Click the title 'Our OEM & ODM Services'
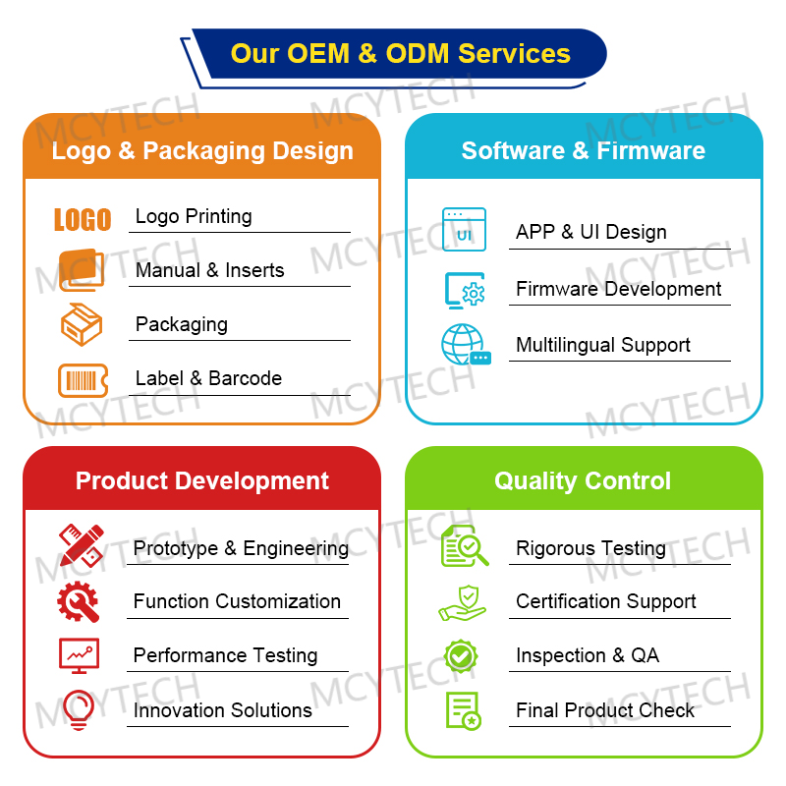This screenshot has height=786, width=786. [x=400, y=53]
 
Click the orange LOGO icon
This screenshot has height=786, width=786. [x=83, y=219]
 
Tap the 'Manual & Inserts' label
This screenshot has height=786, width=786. [x=209, y=270]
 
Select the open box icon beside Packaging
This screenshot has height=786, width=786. [x=82, y=324]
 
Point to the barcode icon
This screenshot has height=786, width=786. [x=83, y=379]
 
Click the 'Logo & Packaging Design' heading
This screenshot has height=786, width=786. [x=202, y=150]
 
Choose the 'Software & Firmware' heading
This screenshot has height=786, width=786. [x=584, y=150]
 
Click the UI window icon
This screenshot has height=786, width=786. [x=464, y=230]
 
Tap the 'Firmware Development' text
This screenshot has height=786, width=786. [x=618, y=289]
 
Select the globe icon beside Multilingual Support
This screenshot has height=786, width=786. [x=464, y=345]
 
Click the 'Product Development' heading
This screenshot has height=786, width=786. [x=202, y=480]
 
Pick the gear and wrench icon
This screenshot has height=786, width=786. [x=79, y=601]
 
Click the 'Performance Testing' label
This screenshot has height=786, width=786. [x=225, y=655]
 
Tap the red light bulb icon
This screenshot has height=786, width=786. [x=79, y=709]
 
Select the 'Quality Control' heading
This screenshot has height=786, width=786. [x=583, y=480]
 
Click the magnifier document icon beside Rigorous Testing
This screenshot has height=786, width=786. [x=464, y=546]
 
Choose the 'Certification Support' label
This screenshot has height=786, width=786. [x=605, y=601]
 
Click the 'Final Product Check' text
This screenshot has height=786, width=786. [x=604, y=709]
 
